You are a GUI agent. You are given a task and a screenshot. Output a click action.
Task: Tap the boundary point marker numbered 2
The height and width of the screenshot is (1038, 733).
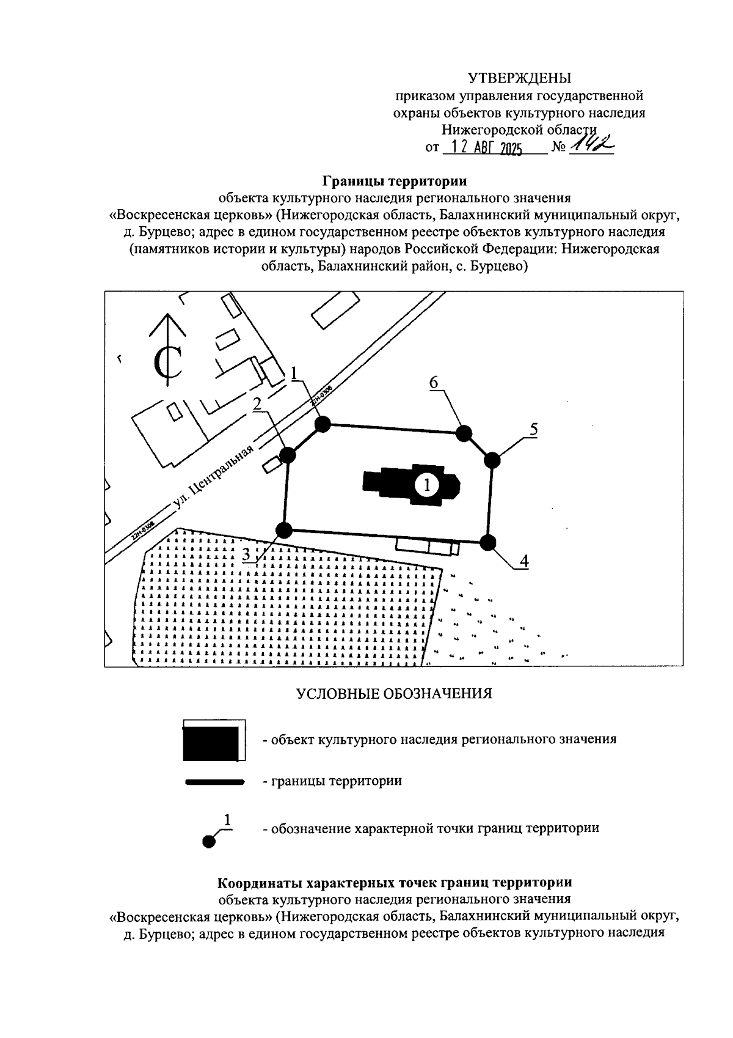pos(287,455)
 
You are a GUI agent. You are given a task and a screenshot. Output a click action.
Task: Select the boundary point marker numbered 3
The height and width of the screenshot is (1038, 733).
pos(283,530)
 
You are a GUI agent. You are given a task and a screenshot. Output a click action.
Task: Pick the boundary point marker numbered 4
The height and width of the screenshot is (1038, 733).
pos(487,542)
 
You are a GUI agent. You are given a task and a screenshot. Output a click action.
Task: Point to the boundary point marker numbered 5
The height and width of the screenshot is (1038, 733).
pos(492,460)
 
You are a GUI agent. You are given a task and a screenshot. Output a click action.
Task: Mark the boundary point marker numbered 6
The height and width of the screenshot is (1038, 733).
pos(465,433)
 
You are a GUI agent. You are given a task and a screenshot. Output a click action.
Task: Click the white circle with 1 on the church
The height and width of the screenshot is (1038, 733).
pos(426,485)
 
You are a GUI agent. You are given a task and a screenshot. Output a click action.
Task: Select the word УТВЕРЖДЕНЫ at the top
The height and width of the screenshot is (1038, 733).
pos(519,78)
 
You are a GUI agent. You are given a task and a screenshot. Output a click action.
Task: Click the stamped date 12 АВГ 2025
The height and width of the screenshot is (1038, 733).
pos(483,149)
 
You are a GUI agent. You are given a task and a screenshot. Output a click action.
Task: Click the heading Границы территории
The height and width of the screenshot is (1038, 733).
pos(394,182)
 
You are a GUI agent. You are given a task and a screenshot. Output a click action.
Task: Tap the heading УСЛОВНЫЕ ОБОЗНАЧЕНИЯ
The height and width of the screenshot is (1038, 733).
pos(394,694)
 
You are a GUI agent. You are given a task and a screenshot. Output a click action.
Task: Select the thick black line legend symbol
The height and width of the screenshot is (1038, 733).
pos(214,782)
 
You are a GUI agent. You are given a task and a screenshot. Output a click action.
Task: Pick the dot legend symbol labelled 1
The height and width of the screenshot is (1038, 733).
pos(210,842)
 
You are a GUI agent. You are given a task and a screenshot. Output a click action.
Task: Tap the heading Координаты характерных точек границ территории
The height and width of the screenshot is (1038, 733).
pos(395,883)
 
